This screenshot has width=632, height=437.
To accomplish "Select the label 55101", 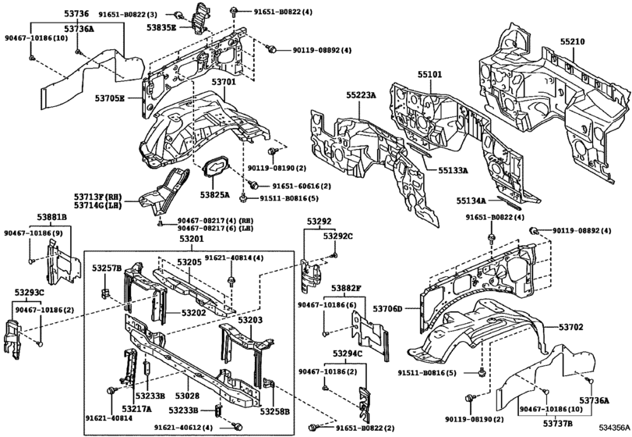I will click(429, 76).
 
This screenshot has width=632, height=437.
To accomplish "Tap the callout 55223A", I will click(361, 95).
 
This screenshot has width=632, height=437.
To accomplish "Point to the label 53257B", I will click(107, 268).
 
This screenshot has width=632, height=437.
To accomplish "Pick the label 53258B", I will click(274, 410).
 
